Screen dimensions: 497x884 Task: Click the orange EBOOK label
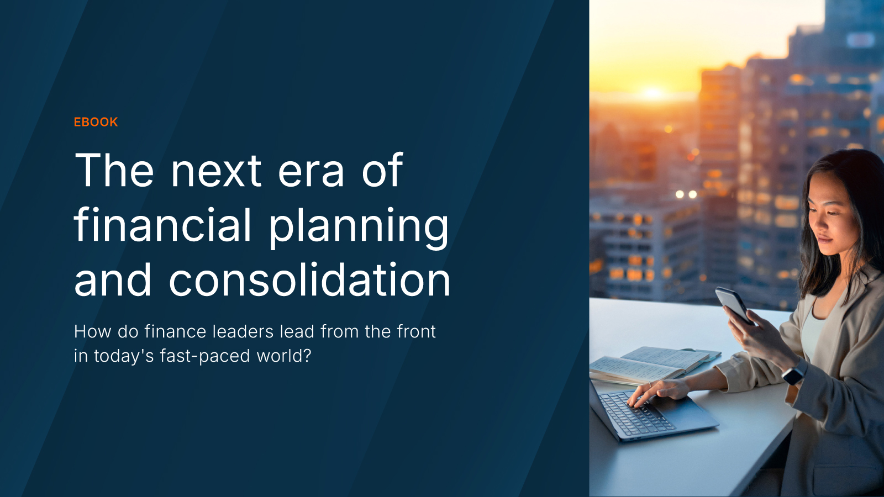pos(96,122)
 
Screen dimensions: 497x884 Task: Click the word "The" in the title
pos(114,170)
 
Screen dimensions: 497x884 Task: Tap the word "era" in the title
pos(311,172)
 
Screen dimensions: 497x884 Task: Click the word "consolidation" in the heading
pos(309,279)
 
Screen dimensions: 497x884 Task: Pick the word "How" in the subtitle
pos(92,331)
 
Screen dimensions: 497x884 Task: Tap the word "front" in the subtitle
pos(417,331)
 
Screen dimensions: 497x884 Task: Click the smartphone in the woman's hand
pos(733,304)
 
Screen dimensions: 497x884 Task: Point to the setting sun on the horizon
pos(653,92)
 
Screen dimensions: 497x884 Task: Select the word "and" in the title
pos(113,279)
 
